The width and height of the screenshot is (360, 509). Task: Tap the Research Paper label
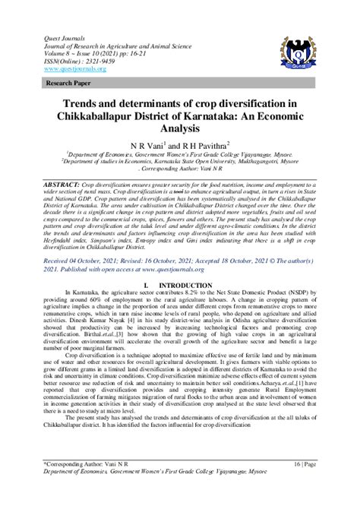(x=69, y=83)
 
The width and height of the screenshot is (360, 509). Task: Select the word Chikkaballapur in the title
(x=108, y=117)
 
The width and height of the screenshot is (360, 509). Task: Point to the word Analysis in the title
(x=180, y=130)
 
